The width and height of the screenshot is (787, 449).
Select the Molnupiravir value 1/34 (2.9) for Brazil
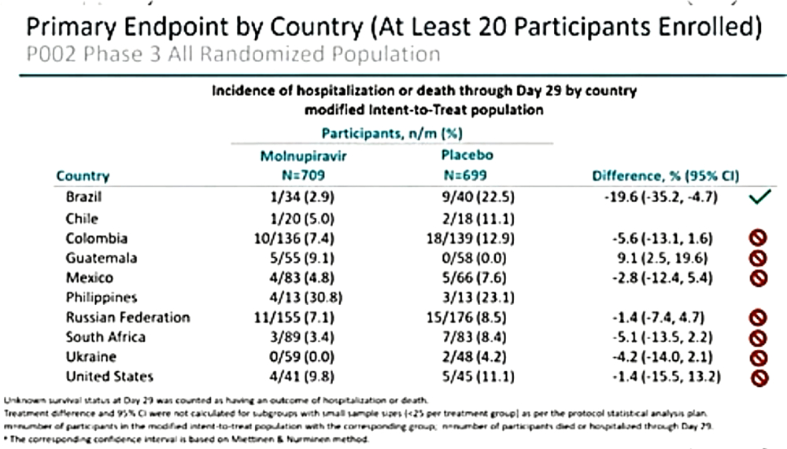[303, 197]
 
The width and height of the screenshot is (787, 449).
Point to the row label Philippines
[102, 297]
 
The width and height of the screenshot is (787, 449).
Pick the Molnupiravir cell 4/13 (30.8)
[303, 297]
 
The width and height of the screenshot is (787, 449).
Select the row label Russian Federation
[128, 318]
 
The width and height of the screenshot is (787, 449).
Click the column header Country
[83, 176]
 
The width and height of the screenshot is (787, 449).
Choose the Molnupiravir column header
[304, 156]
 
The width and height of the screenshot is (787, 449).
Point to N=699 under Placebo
[467, 175]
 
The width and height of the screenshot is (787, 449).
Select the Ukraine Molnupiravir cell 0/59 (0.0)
[303, 357]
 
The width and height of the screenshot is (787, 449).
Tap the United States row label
[110, 377]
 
